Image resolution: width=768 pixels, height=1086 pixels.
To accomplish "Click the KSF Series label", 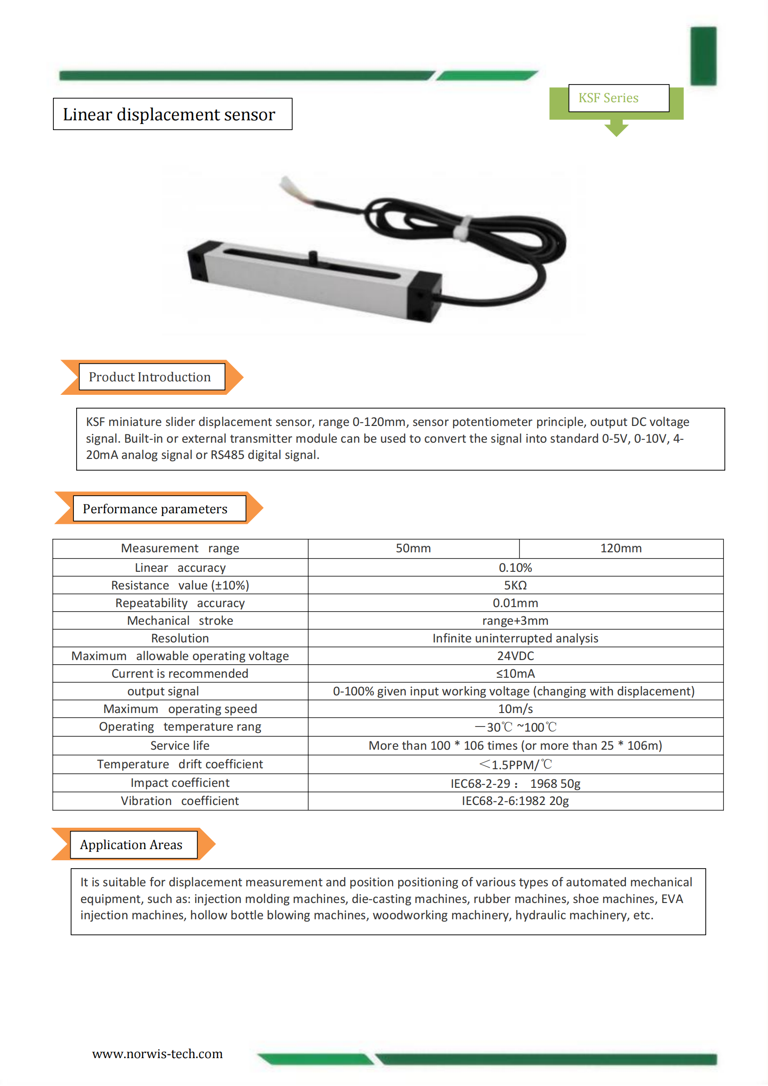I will [x=608, y=98].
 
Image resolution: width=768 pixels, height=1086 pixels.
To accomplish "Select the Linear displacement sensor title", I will [x=169, y=114].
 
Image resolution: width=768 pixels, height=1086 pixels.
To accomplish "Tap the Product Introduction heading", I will [x=150, y=377].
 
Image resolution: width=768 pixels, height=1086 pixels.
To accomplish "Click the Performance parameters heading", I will [x=155, y=509].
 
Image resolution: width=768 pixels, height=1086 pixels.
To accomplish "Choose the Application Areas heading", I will [x=131, y=845].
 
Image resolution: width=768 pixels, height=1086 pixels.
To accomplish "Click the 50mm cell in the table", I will [x=413, y=548].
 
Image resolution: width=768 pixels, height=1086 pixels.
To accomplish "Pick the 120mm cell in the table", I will [x=621, y=548].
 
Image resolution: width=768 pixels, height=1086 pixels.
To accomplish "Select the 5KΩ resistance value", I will [x=515, y=586].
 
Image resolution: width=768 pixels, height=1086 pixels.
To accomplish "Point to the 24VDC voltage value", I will [x=515, y=656].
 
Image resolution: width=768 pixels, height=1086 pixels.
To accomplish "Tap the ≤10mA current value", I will [x=515, y=674].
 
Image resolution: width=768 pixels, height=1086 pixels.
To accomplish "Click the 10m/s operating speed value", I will [x=515, y=709].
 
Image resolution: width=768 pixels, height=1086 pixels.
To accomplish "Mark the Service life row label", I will [x=180, y=746].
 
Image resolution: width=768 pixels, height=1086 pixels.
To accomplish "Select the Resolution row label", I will [x=180, y=639].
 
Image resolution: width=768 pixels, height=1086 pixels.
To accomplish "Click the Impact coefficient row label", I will [x=180, y=783].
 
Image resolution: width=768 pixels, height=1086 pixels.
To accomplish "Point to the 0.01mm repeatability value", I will [x=515, y=603].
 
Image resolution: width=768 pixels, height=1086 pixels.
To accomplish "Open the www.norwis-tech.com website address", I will [x=157, y=1054].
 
